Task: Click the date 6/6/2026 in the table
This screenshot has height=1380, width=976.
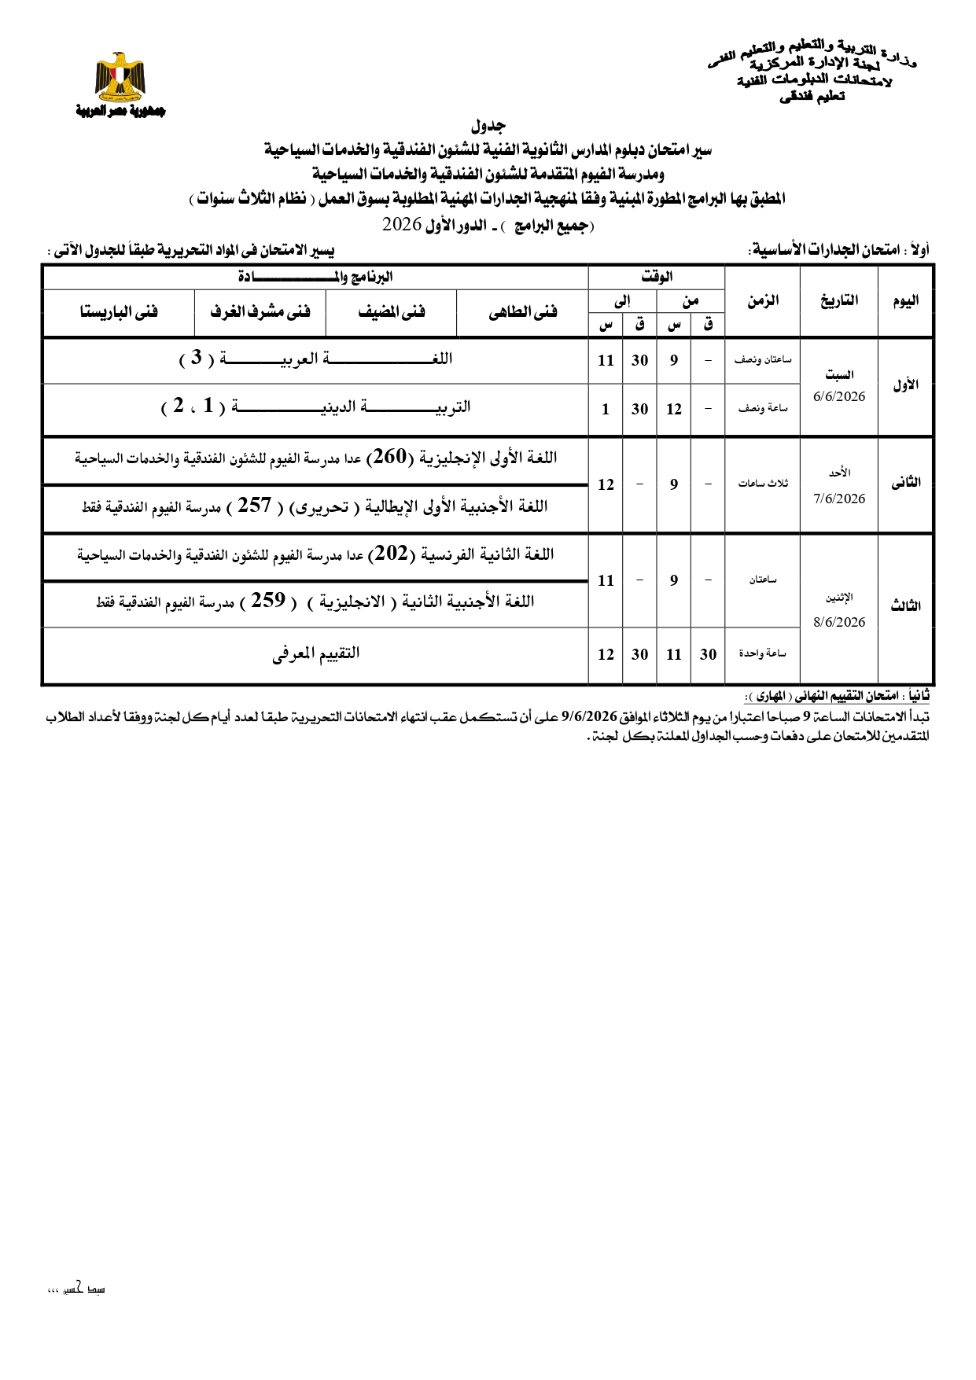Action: click(839, 396)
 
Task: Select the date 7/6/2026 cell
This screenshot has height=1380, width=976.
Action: click(839, 499)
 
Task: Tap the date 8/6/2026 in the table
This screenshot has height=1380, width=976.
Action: click(839, 622)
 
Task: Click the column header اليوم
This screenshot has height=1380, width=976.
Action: click(905, 300)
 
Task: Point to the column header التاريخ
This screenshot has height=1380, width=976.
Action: click(839, 300)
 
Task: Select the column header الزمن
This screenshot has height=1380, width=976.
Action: click(762, 300)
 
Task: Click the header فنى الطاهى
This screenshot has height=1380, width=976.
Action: click(523, 312)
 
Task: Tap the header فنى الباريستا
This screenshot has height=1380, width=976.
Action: click(119, 312)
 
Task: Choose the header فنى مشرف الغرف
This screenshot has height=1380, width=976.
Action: click(260, 312)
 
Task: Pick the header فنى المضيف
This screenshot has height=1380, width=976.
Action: click(392, 312)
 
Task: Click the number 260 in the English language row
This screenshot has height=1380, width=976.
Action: click(389, 457)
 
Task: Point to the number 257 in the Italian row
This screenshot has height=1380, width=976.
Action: click(254, 506)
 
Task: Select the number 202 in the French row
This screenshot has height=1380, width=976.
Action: click(391, 554)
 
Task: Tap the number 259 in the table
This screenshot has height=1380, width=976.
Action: click(268, 601)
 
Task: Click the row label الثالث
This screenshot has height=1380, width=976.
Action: click(905, 606)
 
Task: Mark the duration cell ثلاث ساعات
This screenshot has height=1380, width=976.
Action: click(762, 484)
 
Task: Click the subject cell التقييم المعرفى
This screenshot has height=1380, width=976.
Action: click(316, 653)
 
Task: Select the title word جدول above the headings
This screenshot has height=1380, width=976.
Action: click(488, 126)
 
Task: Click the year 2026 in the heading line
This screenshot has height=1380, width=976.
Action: click(402, 224)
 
